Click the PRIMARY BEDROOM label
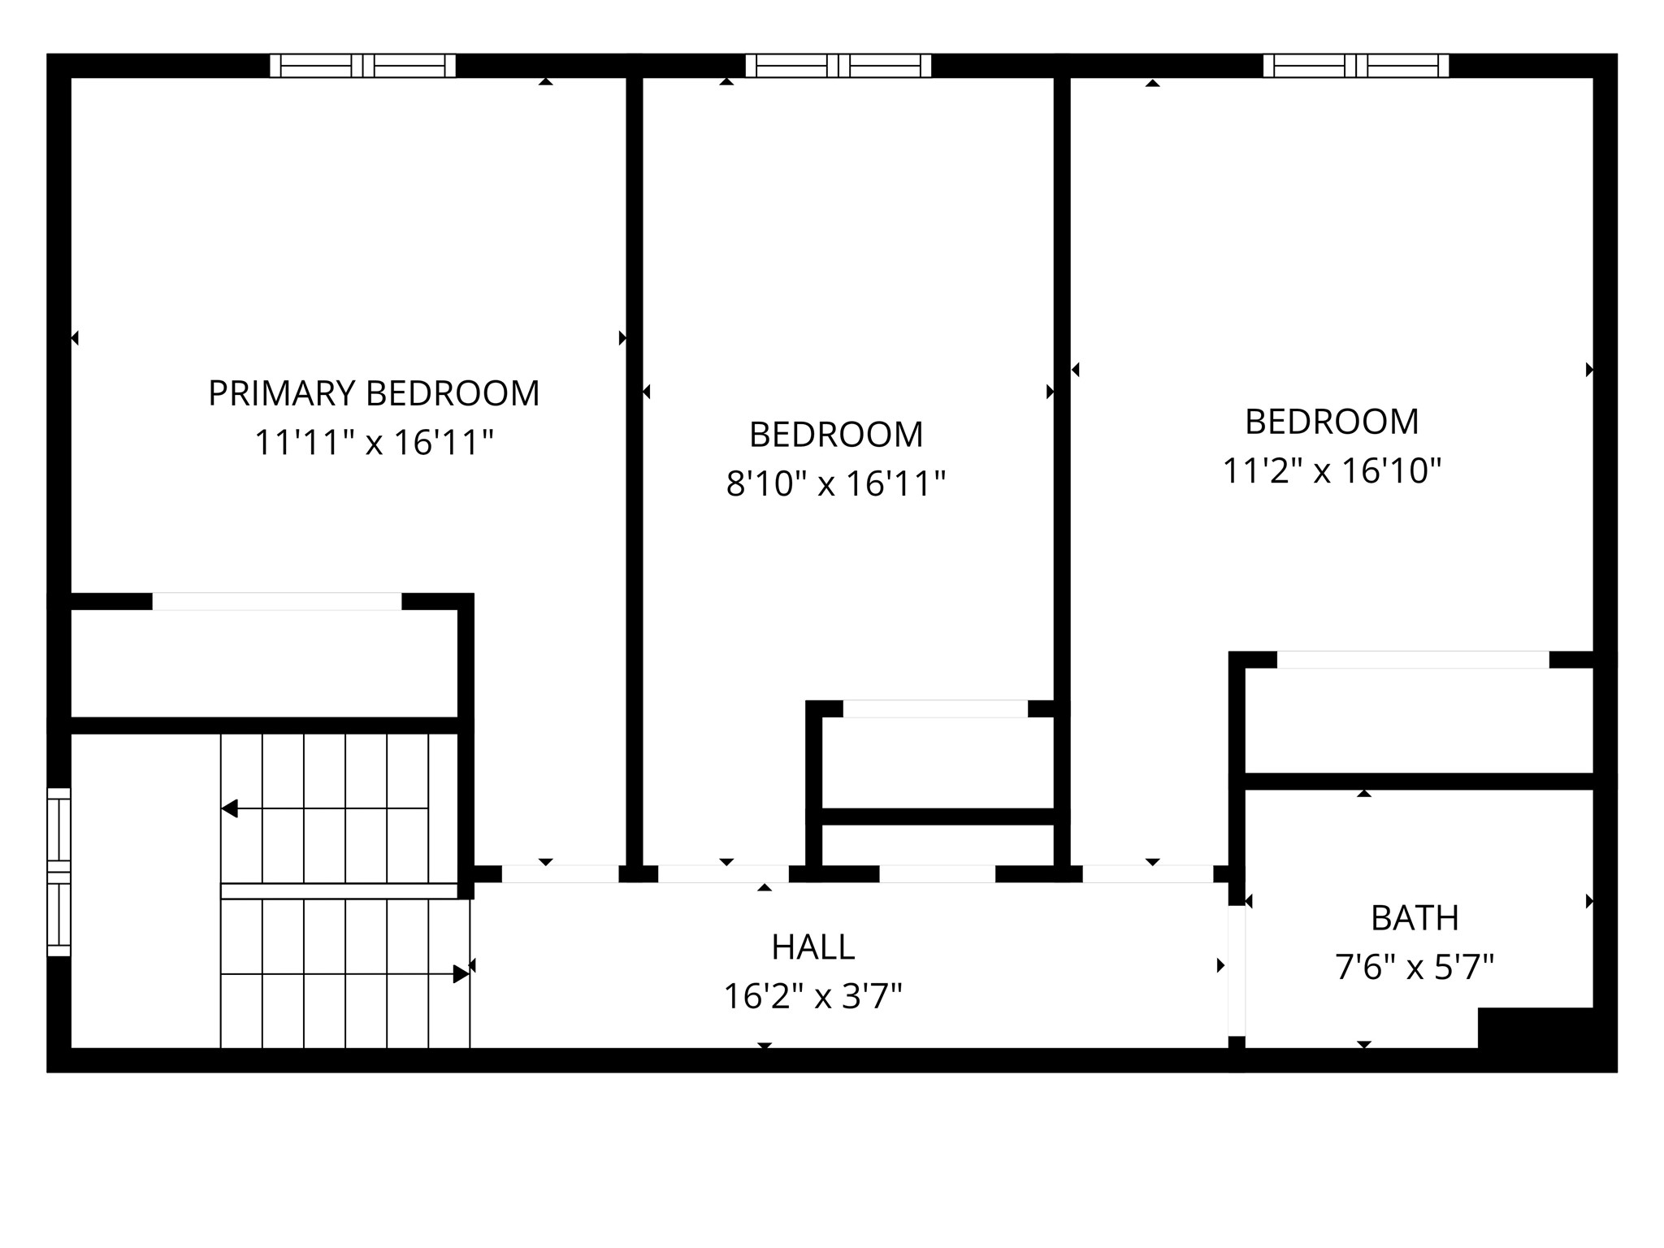coord(374,393)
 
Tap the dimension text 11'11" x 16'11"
coord(374,444)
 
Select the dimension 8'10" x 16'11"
coord(835,484)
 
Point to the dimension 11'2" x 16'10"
coord(1332,471)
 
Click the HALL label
coord(812,947)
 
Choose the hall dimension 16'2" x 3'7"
coord(812,997)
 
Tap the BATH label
coord(1415,919)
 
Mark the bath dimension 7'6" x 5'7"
coord(1415,968)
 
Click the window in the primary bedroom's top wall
coord(362,66)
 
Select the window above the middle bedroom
coord(838,66)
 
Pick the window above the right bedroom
coord(1355,66)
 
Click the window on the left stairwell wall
coord(59,872)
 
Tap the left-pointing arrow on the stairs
coord(230,808)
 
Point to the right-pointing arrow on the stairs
coord(460,973)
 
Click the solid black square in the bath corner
coord(1534,1028)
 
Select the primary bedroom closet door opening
coord(276,602)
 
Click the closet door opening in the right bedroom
coord(1413,660)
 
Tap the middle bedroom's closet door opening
coord(935,709)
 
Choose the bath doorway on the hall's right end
coord(1236,971)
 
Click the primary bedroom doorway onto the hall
coord(560,874)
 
